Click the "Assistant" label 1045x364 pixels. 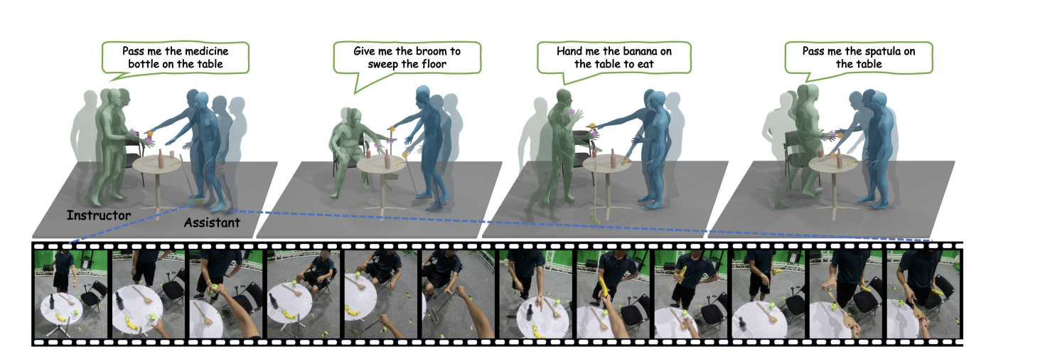point(211,223)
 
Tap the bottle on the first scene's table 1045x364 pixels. point(161,158)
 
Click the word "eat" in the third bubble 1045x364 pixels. point(645,65)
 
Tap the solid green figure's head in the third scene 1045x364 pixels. point(564,96)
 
